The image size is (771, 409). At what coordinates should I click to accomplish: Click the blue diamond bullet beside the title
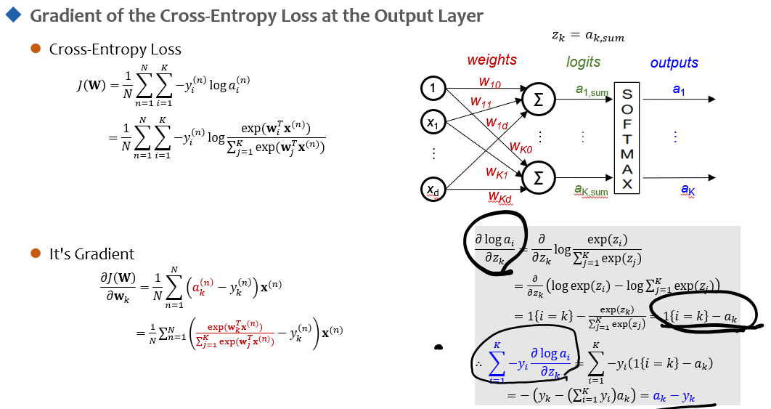12,15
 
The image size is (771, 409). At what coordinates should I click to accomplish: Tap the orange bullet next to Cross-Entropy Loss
35,49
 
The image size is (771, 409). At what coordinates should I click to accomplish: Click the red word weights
491,60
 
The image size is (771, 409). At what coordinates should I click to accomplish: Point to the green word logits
583,62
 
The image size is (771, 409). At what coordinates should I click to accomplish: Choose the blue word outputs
674,63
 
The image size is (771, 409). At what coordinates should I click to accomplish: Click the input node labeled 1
433,89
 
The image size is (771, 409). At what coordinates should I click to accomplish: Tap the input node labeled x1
433,123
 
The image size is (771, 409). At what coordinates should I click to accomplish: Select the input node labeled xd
433,190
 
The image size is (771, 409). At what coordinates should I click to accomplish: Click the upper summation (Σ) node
538,102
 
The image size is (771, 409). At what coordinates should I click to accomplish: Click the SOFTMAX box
628,138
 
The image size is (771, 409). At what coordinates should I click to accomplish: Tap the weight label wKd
499,198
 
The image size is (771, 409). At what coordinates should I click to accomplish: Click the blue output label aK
688,190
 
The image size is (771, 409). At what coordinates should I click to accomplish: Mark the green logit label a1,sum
591,92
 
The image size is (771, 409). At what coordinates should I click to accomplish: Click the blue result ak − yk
674,397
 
